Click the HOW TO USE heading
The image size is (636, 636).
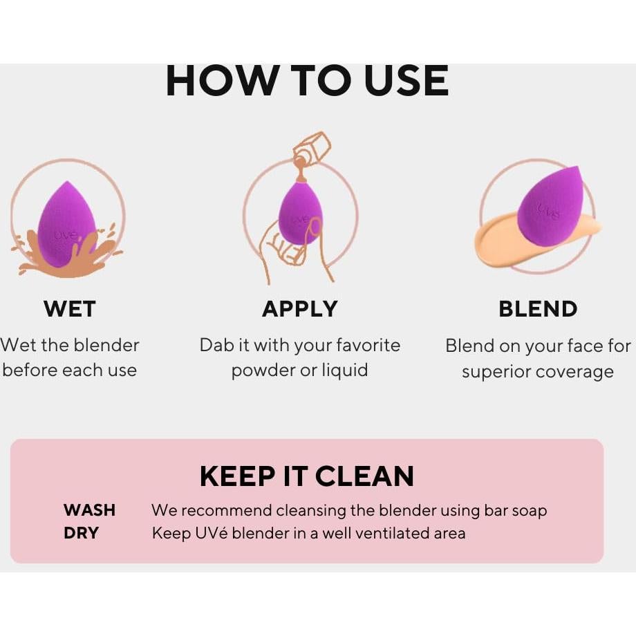(x=307, y=82)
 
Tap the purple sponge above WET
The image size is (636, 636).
(x=66, y=223)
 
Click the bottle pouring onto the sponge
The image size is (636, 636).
(x=311, y=149)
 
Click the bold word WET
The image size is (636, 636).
(x=69, y=309)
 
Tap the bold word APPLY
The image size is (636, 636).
(x=299, y=309)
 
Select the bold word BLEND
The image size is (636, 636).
(x=538, y=309)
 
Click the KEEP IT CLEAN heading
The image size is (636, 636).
(x=306, y=476)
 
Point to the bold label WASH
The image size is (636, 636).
(x=89, y=510)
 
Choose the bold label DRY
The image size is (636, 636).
(x=81, y=533)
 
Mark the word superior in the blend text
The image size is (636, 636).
(x=492, y=372)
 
